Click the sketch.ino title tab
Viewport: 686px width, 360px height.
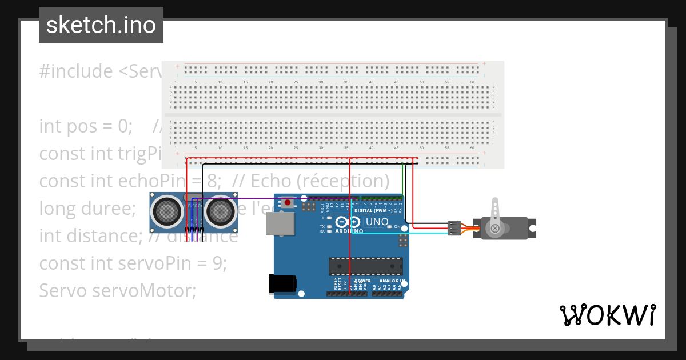(x=101, y=25)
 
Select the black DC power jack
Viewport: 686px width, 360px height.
(x=283, y=284)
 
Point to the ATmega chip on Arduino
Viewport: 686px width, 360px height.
(x=366, y=266)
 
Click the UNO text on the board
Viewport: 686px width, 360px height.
(x=377, y=222)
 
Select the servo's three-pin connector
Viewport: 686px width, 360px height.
(x=454, y=227)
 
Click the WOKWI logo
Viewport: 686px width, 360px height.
(x=607, y=315)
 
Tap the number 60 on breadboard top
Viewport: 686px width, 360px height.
(x=473, y=83)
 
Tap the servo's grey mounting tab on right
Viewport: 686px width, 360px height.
(x=532, y=229)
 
